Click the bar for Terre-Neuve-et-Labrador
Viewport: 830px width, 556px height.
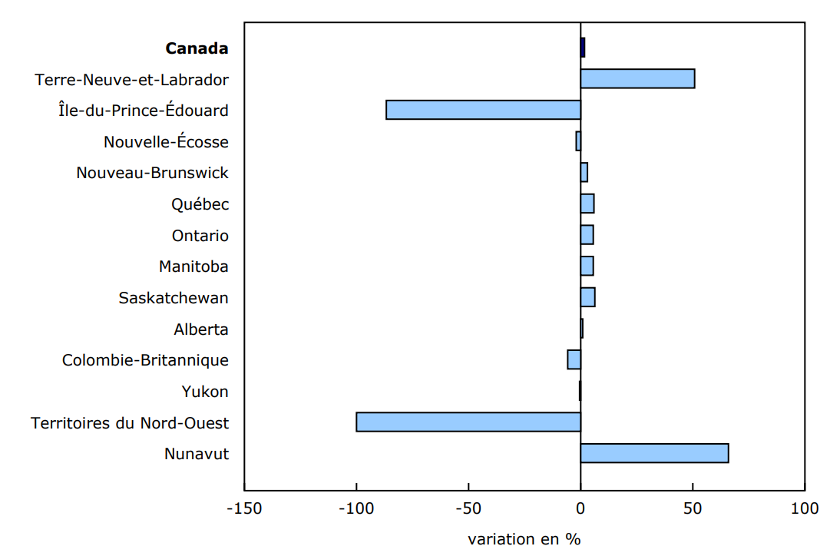pyautogui.click(x=637, y=79)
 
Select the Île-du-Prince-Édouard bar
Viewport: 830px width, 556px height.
pyautogui.click(x=483, y=110)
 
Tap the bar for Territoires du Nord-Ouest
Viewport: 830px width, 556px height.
pyautogui.click(x=468, y=422)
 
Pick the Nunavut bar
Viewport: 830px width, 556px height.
pyautogui.click(x=654, y=453)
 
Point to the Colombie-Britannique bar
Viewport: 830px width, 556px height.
pyautogui.click(x=574, y=359)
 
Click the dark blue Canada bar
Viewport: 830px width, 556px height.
pyautogui.click(x=583, y=48)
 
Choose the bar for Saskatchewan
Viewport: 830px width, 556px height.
pyautogui.click(x=587, y=297)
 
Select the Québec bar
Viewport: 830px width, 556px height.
pyautogui.click(x=587, y=204)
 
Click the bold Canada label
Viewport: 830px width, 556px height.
pyautogui.click(x=197, y=48)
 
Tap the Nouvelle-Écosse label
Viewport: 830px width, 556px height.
pyautogui.click(x=166, y=142)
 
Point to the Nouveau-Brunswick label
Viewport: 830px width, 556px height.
pyautogui.click(x=152, y=173)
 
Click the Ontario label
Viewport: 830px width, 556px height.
pyautogui.click(x=200, y=236)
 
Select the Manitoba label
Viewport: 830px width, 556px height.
pyautogui.click(x=193, y=266)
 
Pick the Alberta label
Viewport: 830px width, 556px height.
pyautogui.click(x=200, y=329)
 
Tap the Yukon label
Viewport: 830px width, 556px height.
pyautogui.click(x=205, y=392)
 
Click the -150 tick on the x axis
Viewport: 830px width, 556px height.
pyautogui.click(x=244, y=508)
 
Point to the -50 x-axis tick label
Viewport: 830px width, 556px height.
pyautogui.click(x=468, y=508)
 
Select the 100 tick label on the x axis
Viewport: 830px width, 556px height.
pyautogui.click(x=804, y=508)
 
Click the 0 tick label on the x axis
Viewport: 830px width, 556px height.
pyautogui.click(x=580, y=508)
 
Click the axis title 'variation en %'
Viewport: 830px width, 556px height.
pyautogui.click(x=524, y=539)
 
